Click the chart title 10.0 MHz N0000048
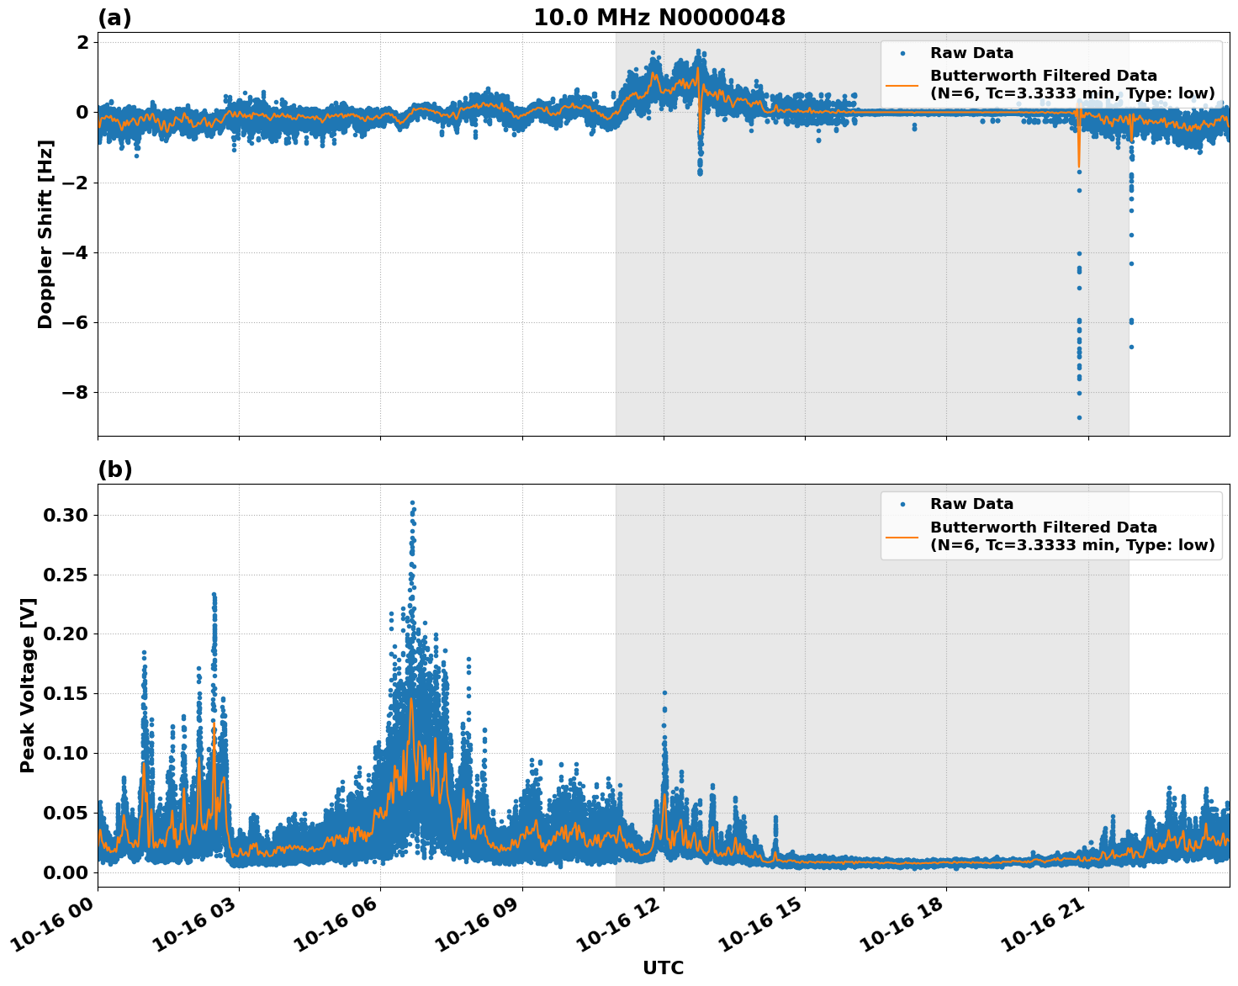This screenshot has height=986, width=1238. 659,18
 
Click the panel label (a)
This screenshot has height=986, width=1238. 114,18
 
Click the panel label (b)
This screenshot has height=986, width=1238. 114,469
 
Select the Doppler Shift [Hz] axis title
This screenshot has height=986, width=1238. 45,234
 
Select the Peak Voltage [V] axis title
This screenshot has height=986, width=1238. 29,686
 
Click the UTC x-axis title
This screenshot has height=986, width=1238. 664,967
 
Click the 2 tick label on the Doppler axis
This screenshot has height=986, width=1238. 82,43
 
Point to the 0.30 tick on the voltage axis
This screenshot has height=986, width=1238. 66,515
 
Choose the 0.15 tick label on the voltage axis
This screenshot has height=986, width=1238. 66,693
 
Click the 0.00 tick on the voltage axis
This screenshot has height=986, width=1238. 66,872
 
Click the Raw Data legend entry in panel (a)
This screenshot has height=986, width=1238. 971,53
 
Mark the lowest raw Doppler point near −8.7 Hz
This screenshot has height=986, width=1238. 1079,417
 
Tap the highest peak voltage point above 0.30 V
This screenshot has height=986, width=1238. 412,502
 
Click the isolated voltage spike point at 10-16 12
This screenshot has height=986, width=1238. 664,692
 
